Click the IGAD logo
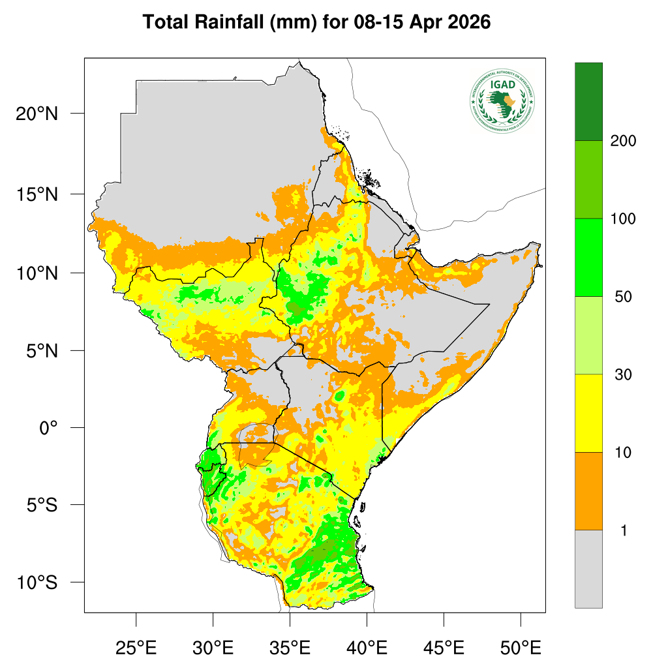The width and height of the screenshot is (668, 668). tap(502, 100)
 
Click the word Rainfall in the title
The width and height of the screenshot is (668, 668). tap(228, 22)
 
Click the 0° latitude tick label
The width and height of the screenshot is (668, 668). tap(48, 428)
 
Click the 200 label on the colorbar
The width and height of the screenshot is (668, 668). tap(623, 141)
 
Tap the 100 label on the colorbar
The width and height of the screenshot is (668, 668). tap(623, 219)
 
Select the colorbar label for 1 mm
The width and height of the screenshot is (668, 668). tap(623, 530)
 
